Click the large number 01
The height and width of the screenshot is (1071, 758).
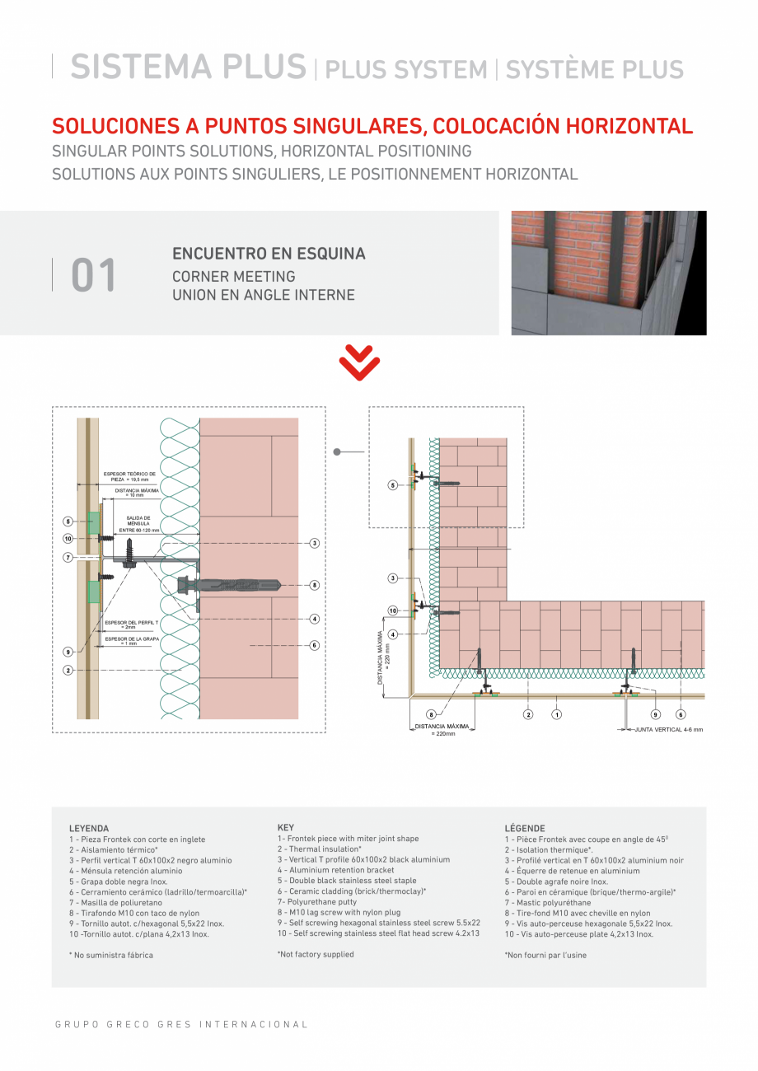coord(94,275)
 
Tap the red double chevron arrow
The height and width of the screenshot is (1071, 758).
coord(359,362)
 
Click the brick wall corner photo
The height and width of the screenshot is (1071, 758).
coord(608,273)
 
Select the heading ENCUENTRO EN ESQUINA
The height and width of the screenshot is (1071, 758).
coord(269,254)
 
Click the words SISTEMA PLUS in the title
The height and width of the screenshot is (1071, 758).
coord(188,68)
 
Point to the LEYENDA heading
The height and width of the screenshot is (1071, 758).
coord(89,828)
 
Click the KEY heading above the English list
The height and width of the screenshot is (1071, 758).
coord(285,826)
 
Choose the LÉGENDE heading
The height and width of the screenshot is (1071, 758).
coord(524,828)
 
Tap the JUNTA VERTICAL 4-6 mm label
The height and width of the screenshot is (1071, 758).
coord(668,730)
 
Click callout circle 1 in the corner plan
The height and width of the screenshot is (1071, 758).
coord(557,714)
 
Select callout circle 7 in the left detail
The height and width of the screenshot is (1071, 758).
coord(68,558)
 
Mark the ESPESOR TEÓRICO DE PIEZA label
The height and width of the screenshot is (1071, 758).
coord(129,476)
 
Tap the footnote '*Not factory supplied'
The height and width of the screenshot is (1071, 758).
coord(316,954)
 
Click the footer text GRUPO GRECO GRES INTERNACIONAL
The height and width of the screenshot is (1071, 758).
coord(181,1025)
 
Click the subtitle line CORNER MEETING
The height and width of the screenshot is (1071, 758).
coord(233,277)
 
